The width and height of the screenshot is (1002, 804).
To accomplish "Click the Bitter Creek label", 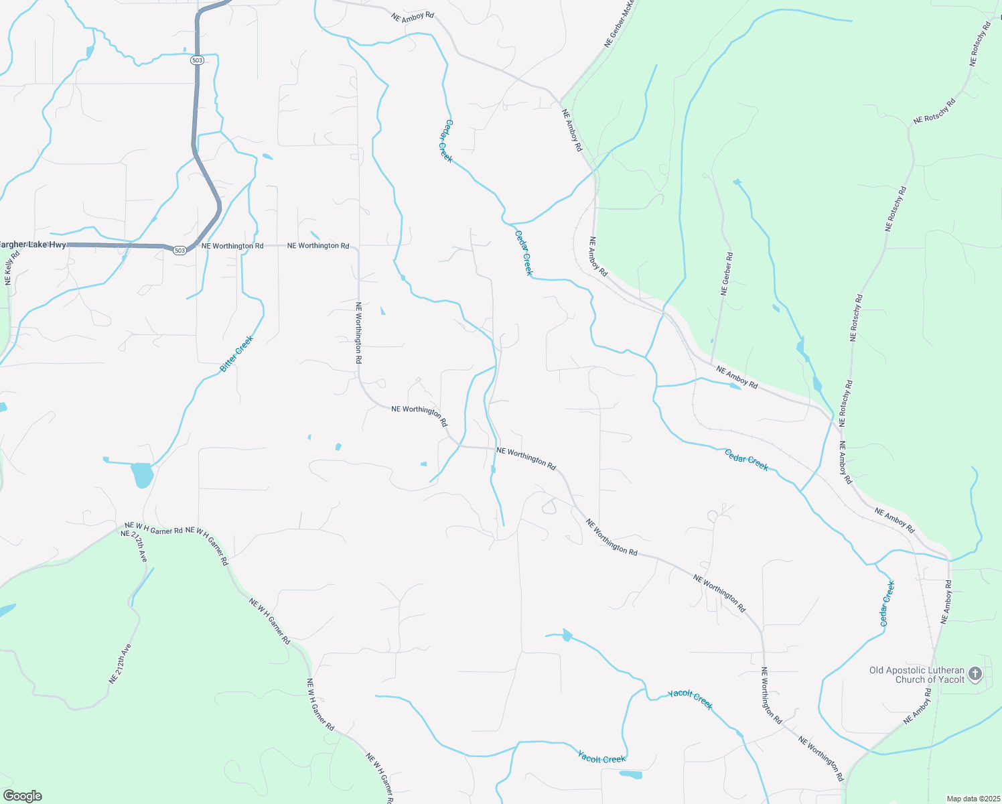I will [237, 354].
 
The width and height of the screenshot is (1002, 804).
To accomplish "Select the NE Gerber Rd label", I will [727, 274].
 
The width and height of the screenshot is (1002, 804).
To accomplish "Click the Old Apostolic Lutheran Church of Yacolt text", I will [916, 675].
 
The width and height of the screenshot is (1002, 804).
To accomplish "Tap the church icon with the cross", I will [975, 673].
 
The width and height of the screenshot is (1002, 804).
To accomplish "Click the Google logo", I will [22, 795].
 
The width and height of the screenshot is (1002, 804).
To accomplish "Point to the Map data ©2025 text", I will [972, 799].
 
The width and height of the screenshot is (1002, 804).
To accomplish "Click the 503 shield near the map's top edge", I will [196, 60].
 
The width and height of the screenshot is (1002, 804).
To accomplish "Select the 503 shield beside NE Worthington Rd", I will [179, 251].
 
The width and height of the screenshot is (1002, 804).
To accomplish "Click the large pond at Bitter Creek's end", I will [142, 474].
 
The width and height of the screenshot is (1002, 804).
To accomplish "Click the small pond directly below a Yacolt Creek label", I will [630, 775].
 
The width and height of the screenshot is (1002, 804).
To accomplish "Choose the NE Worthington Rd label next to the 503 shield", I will [232, 246].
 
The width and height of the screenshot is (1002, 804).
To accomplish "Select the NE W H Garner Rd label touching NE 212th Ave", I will [153, 530].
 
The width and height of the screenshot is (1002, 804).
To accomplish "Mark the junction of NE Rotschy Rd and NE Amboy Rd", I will [839, 423].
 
